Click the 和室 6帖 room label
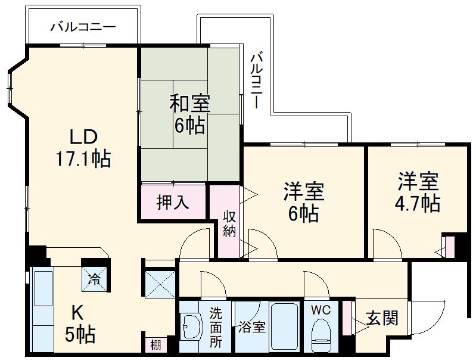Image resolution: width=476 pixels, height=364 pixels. (x=189, y=114)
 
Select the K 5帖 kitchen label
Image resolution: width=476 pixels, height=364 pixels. (x=80, y=324)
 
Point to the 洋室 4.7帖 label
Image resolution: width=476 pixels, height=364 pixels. (x=418, y=192)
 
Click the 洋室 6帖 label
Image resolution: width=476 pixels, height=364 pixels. (x=304, y=203)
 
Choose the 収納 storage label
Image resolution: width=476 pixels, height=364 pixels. (x=229, y=224)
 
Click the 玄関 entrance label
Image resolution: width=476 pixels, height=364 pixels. (x=382, y=318)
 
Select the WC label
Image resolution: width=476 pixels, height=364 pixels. (x=321, y=310)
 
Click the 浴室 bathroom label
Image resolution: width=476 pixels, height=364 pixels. (x=251, y=327)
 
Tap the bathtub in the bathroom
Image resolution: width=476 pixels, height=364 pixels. (x=284, y=326)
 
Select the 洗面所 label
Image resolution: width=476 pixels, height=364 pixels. (x=216, y=328)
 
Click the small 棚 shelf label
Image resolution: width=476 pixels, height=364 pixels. (x=155, y=345)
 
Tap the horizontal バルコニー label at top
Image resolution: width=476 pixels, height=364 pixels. (x=83, y=27)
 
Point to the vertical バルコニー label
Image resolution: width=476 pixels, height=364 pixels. (x=257, y=80)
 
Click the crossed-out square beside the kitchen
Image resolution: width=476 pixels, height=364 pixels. (x=160, y=284)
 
